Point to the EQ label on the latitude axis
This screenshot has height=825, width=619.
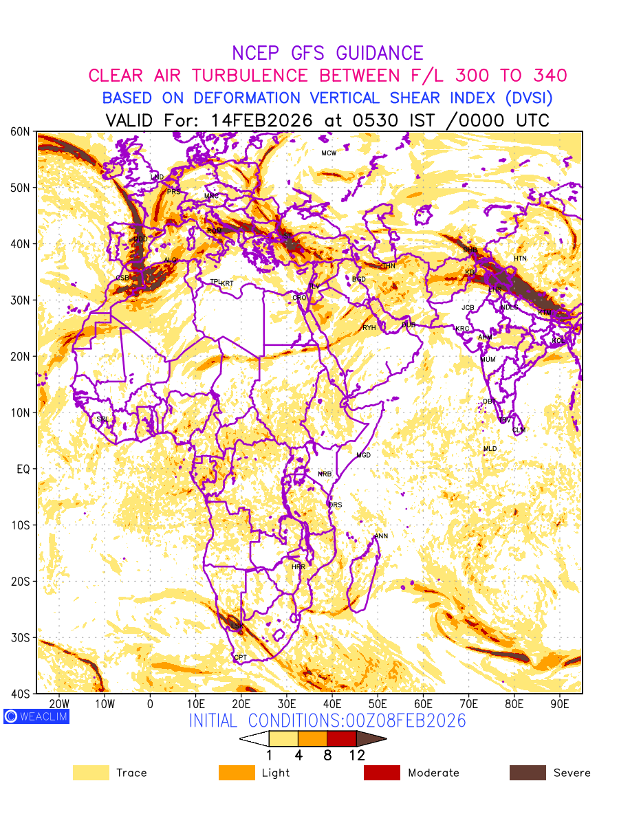(23, 469)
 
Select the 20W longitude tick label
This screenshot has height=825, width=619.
(60, 704)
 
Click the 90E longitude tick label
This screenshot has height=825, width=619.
(560, 704)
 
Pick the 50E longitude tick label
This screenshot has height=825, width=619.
(378, 704)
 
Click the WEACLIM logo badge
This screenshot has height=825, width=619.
(36, 716)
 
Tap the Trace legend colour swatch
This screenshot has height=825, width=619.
(91, 773)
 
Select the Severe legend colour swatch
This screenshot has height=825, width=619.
(528, 773)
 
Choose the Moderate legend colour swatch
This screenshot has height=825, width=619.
(382, 773)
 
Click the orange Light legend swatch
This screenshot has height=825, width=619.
(237, 773)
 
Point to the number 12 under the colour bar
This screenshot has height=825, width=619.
(356, 755)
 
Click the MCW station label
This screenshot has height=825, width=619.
(329, 153)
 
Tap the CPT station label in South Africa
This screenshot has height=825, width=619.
(240, 658)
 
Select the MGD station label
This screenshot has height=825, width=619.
(363, 456)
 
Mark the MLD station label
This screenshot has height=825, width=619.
(490, 449)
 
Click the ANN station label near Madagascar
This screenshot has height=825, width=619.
(381, 536)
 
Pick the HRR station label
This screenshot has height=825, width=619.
(298, 567)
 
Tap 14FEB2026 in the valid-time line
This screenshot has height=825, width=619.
(261, 120)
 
